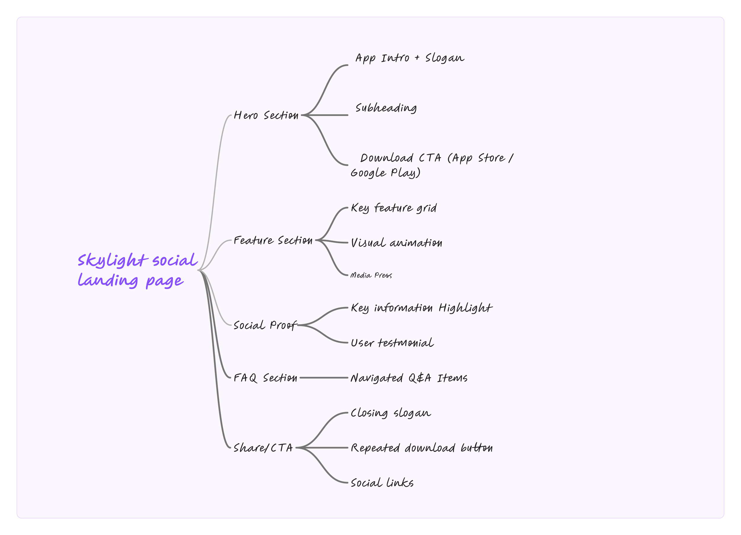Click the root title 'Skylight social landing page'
coord(137,270)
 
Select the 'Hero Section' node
coord(266,115)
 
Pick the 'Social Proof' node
coord(265,325)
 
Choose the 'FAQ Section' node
coord(265,378)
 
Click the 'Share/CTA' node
coord(263,448)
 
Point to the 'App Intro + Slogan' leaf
coord(410,58)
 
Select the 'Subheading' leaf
coord(386,108)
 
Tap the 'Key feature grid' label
coord(394,208)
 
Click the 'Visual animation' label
coord(396,243)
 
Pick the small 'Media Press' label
coord(371,275)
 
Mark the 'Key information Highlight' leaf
coord(421,308)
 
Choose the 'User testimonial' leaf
coord(392,343)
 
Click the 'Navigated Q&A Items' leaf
coord(409,378)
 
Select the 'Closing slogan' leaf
coord(391,413)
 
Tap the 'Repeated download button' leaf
coord(421,448)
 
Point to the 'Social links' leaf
coord(382,482)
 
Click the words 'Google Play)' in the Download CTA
coord(386,173)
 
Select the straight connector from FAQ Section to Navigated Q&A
coord(323,378)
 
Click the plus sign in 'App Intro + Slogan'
coord(417,58)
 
